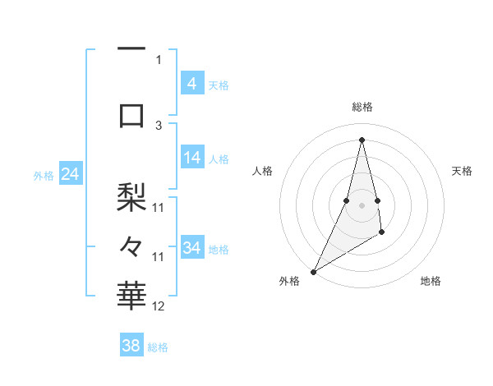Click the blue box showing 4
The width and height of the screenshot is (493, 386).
pos(191,83)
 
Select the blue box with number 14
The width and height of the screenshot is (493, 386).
pos(191,158)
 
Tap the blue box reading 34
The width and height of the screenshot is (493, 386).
pos(191,247)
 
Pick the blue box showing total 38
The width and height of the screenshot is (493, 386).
pos(131,346)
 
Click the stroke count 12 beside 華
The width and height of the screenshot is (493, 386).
pos(159,306)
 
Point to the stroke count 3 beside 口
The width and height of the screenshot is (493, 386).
pos(159,125)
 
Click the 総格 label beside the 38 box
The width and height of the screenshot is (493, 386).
pos(158,347)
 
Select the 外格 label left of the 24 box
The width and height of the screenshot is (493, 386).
pos(44,175)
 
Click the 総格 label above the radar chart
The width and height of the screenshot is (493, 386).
pos(362,107)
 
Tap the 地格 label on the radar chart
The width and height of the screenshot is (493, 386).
pos(431,281)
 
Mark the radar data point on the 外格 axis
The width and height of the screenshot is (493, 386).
pos(313,271)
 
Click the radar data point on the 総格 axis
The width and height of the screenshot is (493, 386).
pos(362,140)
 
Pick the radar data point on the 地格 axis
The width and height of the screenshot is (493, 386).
pos(381,233)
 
